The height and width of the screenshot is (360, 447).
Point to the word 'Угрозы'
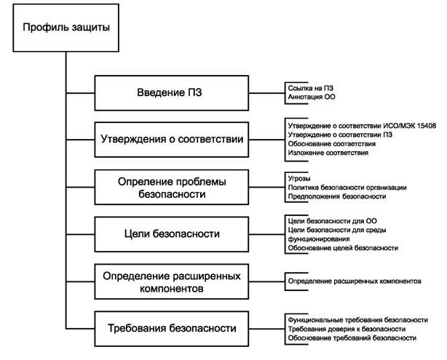pos(300,177)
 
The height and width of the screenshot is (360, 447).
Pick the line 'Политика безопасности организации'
pos(347,187)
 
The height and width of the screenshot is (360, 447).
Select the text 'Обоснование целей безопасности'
pos(342,248)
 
